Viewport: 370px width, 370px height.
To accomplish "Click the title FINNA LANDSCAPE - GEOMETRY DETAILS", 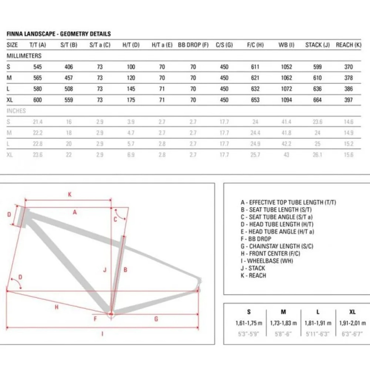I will point(59,34).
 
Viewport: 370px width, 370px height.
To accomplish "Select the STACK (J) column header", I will point(317,45).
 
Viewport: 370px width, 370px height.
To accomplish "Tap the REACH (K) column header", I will point(349,45).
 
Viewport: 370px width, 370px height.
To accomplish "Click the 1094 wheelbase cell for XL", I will point(287,99).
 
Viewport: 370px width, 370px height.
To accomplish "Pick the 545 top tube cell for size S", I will point(38,67).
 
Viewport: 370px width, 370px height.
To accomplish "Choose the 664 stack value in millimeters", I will point(317,99).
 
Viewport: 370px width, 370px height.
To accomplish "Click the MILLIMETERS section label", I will point(24,55).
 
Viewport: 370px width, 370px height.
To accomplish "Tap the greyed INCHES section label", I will point(16,111).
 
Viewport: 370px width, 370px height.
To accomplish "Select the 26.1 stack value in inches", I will point(317,155).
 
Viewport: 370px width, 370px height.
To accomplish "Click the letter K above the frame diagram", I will point(70,195).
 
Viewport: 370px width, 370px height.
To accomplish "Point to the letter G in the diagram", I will point(156,319).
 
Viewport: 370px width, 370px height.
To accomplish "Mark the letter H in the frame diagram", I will point(56,307).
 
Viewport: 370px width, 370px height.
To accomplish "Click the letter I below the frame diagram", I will point(102,333).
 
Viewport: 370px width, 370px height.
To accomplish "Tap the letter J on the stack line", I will point(105,269).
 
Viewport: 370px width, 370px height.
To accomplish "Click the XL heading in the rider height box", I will point(353,312).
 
